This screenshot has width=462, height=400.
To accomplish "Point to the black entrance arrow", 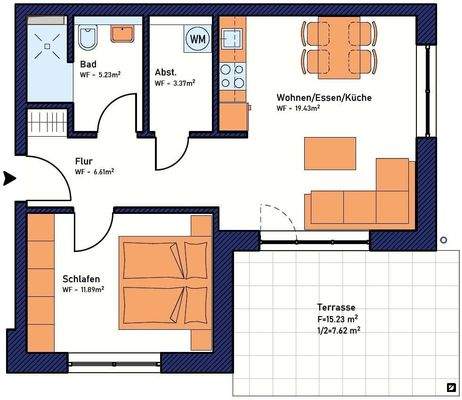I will pos(9,179).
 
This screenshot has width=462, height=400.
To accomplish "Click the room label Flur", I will pos(85,160).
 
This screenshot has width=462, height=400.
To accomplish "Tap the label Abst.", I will pos(166,73).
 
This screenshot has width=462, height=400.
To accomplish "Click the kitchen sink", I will pos(232,41).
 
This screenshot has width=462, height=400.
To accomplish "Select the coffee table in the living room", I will pos(330,153).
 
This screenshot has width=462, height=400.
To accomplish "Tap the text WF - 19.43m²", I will pos(307,110).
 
